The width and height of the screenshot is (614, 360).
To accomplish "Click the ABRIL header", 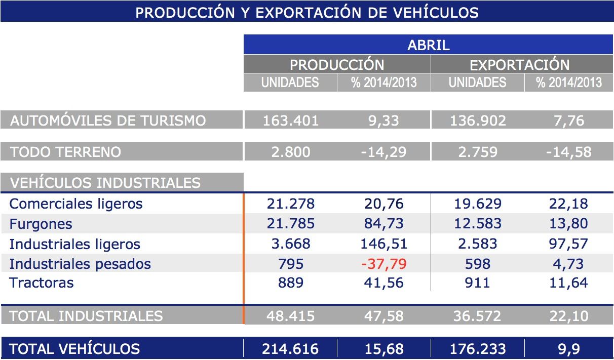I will tap(428, 45).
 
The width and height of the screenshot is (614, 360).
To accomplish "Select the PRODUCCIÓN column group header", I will tap(337, 65).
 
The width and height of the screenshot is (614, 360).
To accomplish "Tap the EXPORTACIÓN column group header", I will tap(519, 65).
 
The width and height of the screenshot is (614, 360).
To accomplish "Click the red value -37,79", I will tap(383, 264).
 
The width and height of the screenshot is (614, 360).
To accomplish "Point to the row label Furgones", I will tap(41, 224).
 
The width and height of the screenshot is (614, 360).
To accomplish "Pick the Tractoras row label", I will tap(42, 283).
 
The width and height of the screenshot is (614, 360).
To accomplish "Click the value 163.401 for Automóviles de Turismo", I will tap(291, 121).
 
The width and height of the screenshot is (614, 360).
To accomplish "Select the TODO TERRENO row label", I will tap(66, 152).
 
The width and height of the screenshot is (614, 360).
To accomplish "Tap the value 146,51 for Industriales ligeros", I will tap(383, 244).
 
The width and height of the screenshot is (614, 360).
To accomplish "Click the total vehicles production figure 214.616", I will tap(290, 349).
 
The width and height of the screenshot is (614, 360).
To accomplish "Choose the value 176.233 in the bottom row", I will tap(477, 349).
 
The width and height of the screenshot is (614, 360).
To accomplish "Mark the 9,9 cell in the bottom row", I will tap(569, 349).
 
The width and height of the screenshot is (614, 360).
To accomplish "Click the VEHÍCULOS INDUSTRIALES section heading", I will tap(105, 182).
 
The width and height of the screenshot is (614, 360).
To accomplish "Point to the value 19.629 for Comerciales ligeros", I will tap(477, 204).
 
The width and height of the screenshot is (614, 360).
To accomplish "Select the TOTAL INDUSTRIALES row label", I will tap(86, 316).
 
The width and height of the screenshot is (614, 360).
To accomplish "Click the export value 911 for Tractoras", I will tap(477, 283).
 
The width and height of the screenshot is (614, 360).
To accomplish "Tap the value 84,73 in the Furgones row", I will tap(383, 224).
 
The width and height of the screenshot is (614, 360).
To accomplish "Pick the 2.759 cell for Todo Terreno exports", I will tap(477, 152).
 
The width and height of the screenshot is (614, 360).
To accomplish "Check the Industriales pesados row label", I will tap(80, 264).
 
